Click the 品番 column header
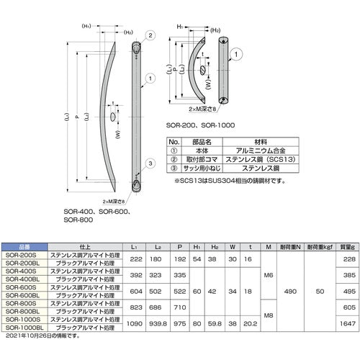click(x=22, y=246)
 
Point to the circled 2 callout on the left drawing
click(x=150, y=35)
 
